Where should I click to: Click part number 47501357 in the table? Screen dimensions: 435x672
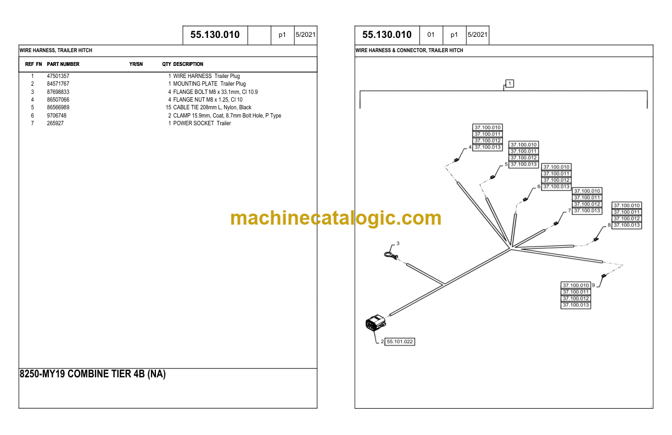58,76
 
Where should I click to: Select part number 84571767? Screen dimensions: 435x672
58,84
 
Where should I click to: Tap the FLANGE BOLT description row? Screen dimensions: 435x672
215,92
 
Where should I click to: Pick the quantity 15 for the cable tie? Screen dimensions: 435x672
168,108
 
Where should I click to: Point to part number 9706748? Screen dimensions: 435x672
57,115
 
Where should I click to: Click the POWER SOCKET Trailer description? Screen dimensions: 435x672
202,124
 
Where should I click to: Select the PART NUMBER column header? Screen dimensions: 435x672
63,64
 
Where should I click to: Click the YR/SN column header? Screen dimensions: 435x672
136,64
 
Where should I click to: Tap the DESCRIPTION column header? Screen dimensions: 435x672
188,64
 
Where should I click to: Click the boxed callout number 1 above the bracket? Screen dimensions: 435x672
509,83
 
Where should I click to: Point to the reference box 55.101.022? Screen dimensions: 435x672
400,342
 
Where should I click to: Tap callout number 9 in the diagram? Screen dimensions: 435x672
593,285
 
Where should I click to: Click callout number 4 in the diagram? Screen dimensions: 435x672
470,147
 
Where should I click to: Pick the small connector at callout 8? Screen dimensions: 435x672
596,239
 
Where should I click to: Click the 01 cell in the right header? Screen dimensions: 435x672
431,35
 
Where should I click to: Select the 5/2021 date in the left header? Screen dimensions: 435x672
305,35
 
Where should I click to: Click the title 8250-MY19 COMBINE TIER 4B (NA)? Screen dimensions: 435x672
92,374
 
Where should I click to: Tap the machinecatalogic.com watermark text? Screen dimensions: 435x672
335,218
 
